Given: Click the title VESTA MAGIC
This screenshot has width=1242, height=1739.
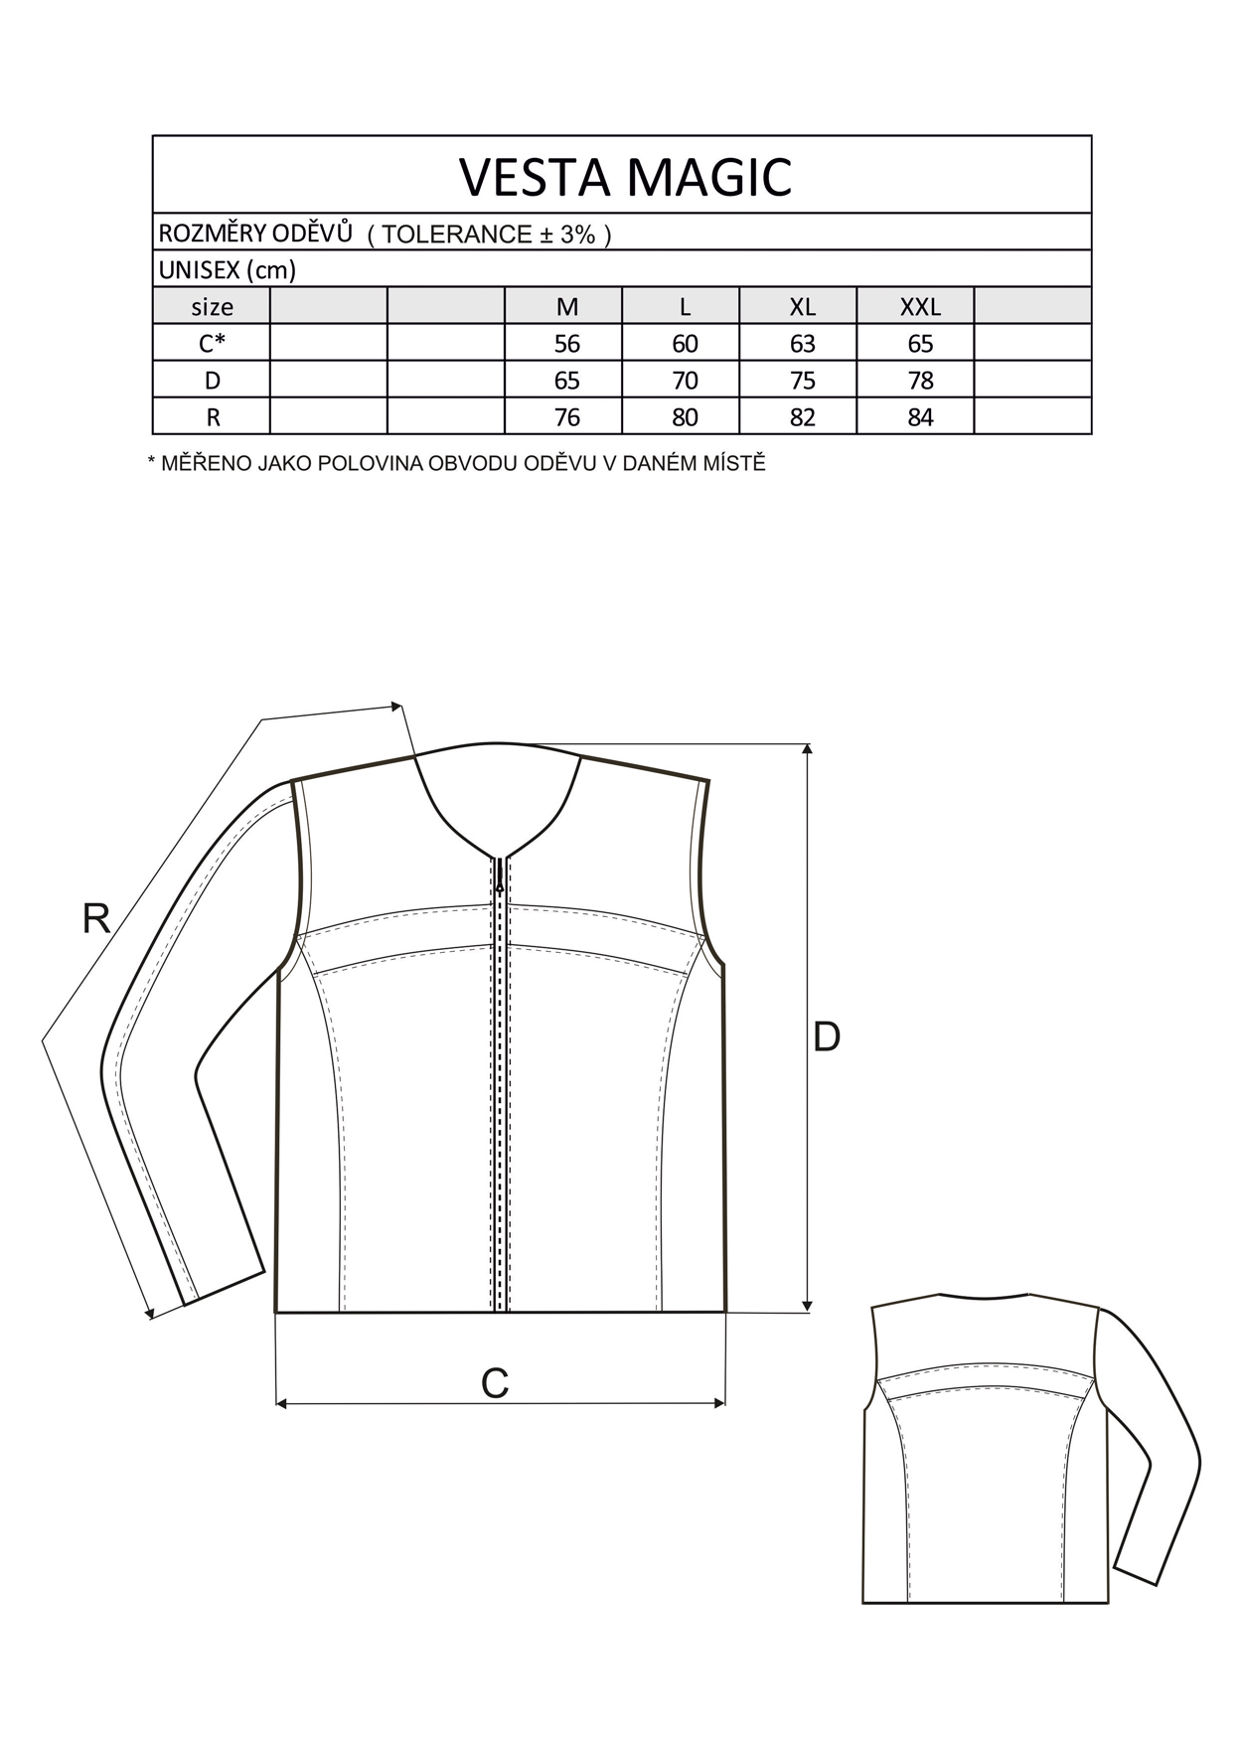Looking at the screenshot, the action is coord(625,176).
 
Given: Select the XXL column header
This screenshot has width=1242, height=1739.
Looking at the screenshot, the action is coord(920,307).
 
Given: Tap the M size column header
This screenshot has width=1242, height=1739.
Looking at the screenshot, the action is coord(567,307).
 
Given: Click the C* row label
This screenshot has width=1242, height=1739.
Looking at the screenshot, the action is coord(212,343).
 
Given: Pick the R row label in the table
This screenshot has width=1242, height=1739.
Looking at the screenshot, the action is coord(213,417).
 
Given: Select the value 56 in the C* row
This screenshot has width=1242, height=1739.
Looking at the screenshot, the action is coord(567,344).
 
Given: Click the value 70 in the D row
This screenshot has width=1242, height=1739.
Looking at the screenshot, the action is coord(685,381).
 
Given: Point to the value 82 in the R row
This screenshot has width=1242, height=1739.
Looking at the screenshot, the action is coord(802,417).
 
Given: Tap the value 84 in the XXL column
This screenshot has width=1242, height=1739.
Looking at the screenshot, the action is coord(920,417).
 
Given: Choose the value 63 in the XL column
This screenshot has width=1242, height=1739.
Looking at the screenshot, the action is coord(802,344).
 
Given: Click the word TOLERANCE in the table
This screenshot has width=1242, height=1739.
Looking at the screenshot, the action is coord(457,235).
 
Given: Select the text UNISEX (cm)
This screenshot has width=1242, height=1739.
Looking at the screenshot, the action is coord(228,269).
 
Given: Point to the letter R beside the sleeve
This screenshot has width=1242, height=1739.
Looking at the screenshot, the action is coord(95,919).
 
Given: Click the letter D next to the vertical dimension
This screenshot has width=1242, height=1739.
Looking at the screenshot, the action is coord(827,1036).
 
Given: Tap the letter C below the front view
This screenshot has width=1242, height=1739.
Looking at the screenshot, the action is coord(495,1382).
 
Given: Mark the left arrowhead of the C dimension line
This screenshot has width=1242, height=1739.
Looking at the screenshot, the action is coord(281,1403).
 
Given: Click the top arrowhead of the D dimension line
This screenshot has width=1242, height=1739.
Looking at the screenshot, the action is coord(807,750).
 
